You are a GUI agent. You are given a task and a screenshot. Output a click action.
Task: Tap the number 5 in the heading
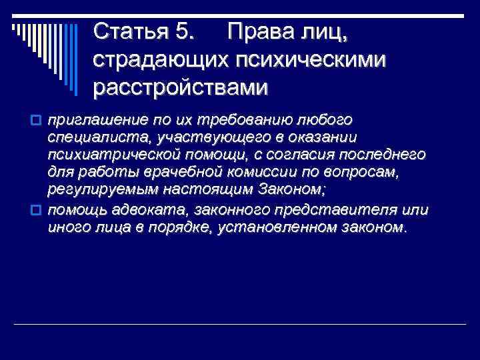pos(189,31)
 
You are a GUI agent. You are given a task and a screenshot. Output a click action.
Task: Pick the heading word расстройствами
pos(181,87)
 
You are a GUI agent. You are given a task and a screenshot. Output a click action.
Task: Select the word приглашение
pos(91,119)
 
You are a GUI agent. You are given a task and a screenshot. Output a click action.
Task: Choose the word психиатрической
pos(107,155)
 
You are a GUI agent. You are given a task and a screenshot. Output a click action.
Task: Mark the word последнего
pos(383,155)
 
